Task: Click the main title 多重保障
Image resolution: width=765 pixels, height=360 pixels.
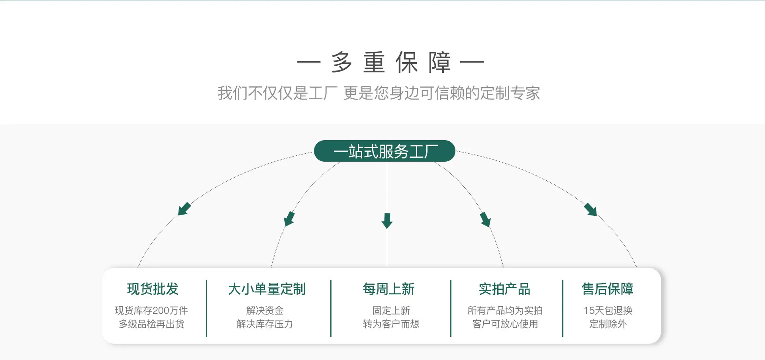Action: pyautogui.click(x=390, y=63)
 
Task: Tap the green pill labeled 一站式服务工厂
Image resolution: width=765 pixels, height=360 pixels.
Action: pyautogui.click(x=384, y=151)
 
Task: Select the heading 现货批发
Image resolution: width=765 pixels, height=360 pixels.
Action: pyautogui.click(x=153, y=289)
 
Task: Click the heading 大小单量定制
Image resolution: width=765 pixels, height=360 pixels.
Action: pyautogui.click(x=267, y=289)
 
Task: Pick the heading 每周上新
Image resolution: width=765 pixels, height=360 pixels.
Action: pyautogui.click(x=388, y=289)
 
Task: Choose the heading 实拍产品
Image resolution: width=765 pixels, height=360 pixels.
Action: pyautogui.click(x=504, y=289)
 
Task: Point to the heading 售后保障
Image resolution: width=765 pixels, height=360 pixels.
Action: pyautogui.click(x=607, y=289)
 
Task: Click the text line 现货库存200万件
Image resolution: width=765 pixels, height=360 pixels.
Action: pyautogui.click(x=151, y=311)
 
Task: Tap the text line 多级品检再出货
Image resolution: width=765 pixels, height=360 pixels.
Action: pyautogui.click(x=151, y=324)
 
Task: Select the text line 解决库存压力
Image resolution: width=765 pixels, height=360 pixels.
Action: pyautogui.click(x=265, y=324)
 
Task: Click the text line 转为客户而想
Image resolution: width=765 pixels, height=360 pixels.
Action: pyautogui.click(x=391, y=324)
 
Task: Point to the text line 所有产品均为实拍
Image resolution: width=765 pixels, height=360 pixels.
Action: pyautogui.click(x=505, y=311)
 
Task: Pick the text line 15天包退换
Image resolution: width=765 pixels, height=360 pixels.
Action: pyautogui.click(x=608, y=311)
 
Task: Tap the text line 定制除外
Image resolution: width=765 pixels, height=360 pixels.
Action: pyautogui.click(x=608, y=324)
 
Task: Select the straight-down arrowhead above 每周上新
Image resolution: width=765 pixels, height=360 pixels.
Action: pyautogui.click(x=387, y=221)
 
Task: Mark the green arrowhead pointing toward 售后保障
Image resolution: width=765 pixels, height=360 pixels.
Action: pyautogui.click(x=591, y=209)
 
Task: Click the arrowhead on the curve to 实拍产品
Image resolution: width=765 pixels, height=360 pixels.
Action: pyautogui.click(x=485, y=219)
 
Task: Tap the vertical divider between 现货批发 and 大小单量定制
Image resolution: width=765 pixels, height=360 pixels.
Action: pyautogui.click(x=207, y=308)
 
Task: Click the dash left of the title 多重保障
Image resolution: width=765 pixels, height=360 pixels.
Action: pyautogui.click(x=308, y=62)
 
